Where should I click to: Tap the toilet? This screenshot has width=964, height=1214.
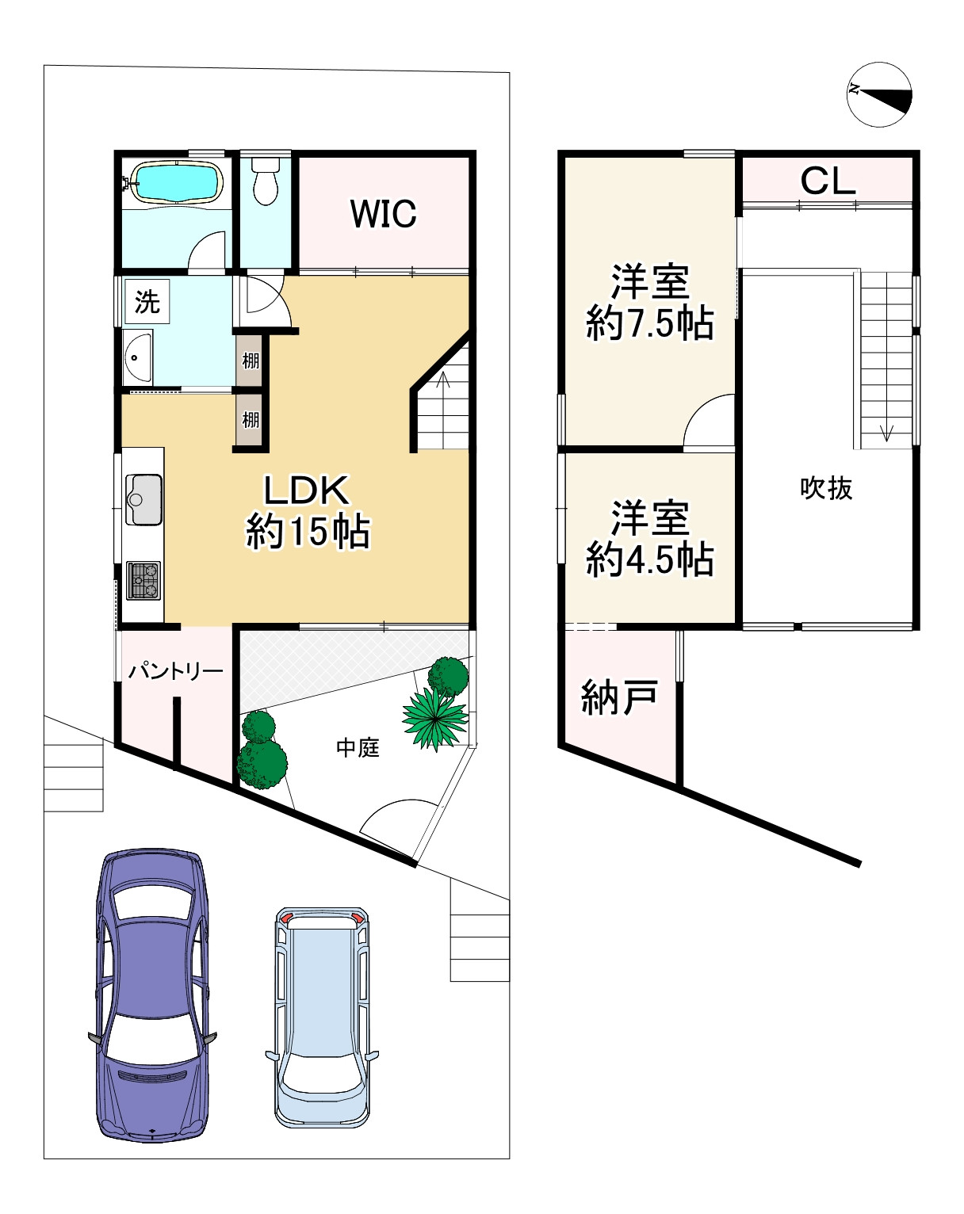pyautogui.click(x=266, y=180)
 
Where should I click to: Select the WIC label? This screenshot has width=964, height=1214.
pyautogui.click(x=383, y=214)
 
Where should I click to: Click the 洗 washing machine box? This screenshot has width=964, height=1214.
pyautogui.click(x=147, y=301)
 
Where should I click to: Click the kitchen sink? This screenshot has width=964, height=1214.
pyautogui.click(x=144, y=500)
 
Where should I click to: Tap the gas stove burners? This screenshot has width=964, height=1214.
pyautogui.click(x=143, y=581)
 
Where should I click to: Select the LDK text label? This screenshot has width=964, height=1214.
pyautogui.click(x=307, y=491)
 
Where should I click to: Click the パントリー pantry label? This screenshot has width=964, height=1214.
pyautogui.click(x=175, y=671)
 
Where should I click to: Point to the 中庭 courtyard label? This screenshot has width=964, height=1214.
pyautogui.click(x=358, y=748)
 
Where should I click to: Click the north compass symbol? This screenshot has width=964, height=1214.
pyautogui.click(x=879, y=94)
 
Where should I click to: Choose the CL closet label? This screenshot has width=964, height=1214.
pyautogui.click(x=828, y=181)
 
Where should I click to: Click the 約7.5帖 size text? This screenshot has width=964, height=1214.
pyautogui.click(x=649, y=323)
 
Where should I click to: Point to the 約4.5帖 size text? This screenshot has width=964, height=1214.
pyautogui.click(x=649, y=559)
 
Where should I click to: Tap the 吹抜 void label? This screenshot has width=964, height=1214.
pyautogui.click(x=826, y=488)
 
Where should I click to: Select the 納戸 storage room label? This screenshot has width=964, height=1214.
pyautogui.click(x=619, y=698)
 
